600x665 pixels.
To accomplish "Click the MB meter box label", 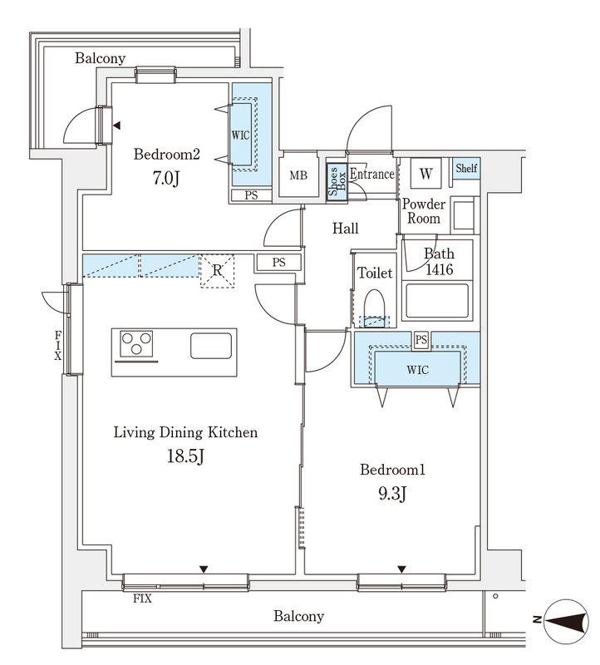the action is [298, 175].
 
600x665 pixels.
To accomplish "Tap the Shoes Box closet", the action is [337, 180].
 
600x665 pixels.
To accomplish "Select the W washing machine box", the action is [425, 173].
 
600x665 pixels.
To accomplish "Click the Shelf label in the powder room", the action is [466, 168].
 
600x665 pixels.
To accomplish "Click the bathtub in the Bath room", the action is [437, 300].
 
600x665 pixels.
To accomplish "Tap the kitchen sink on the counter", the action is [211, 346].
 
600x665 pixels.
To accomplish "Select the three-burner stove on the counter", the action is [136, 343].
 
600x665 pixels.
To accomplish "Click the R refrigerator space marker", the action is [217, 271].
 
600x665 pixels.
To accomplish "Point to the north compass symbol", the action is [565, 621].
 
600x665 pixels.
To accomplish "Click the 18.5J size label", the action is [185, 456].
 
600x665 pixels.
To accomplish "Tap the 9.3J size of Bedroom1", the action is [392, 494].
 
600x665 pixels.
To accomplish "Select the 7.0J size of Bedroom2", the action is [166, 178].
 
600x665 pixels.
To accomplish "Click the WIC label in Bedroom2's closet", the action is [240, 135].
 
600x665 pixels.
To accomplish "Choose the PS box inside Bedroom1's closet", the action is [421, 340].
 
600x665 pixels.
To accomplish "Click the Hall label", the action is [345, 229].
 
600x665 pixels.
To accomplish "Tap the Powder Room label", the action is [424, 211].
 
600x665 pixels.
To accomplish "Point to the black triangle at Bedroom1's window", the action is [401, 569].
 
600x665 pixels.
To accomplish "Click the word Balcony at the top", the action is [100, 58].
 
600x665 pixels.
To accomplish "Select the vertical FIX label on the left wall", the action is [57, 346].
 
